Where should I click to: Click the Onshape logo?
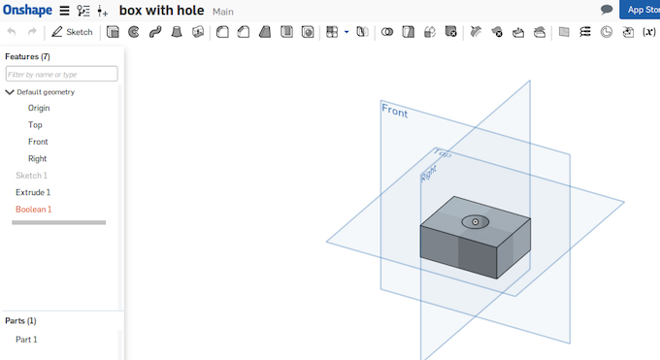(x=27, y=10)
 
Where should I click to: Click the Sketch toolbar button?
(x=72, y=32)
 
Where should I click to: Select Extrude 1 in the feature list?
(x=33, y=192)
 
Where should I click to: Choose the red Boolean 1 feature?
(x=34, y=210)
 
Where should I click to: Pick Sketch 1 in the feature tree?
(x=32, y=176)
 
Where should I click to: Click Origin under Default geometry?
(x=39, y=109)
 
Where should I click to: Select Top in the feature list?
(x=35, y=125)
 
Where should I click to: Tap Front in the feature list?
(x=38, y=142)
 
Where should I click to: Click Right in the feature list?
(x=38, y=159)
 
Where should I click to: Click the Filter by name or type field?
(x=61, y=74)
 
